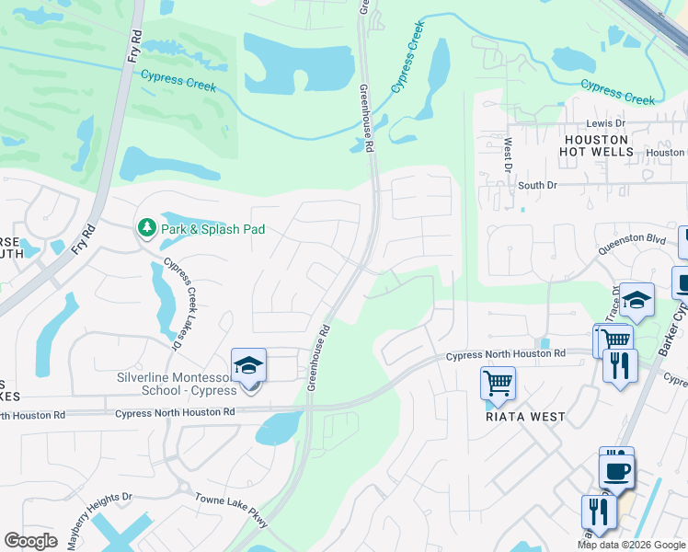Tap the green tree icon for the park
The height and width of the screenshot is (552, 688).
tap(145, 226)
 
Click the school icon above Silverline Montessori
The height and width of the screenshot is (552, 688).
tap(248, 367)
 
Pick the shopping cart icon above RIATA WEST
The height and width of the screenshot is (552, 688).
tap(498, 382)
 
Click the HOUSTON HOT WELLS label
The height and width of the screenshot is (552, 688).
tap(596, 145)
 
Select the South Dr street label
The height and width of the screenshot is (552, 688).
tap(537, 185)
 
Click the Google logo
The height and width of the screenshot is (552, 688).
tap(30, 541)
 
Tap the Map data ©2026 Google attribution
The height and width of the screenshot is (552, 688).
tap(630, 545)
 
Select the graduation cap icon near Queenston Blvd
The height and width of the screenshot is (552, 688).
tap(636, 301)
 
